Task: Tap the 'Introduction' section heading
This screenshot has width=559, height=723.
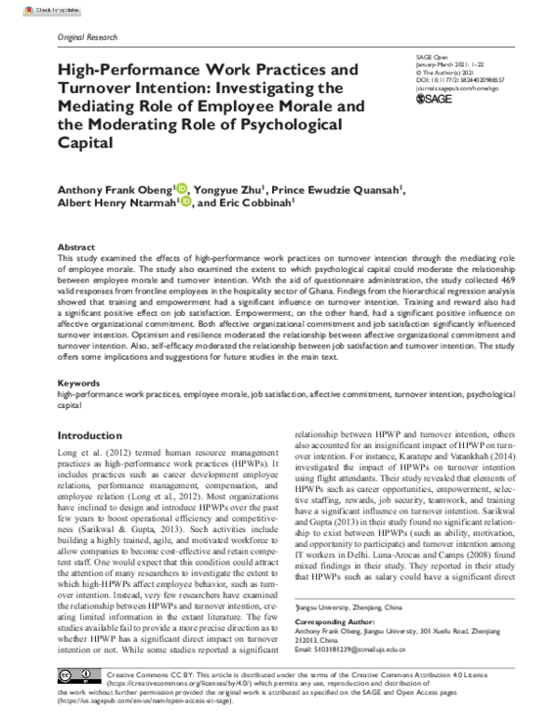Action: point(95,436)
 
